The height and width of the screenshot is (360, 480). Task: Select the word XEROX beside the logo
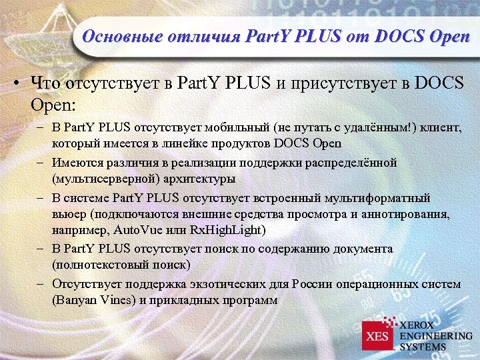click(420, 324)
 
